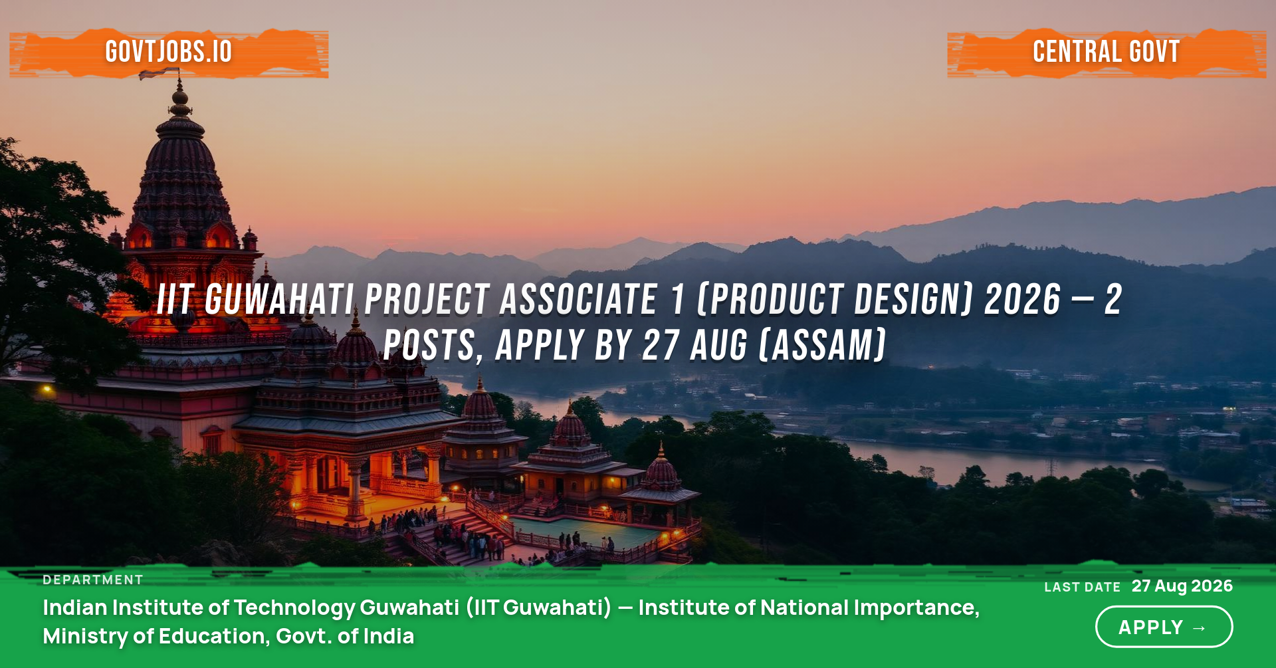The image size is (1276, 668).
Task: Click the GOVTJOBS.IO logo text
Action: coord(169,52)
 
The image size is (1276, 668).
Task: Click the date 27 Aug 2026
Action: coord(1182,586)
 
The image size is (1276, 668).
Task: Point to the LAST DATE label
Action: coord(1083,587)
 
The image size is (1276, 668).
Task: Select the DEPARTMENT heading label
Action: coord(93,580)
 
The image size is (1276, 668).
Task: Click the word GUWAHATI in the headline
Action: coord(279,299)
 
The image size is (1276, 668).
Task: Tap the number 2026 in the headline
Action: coord(1023,299)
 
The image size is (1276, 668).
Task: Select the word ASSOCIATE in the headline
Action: coord(579,299)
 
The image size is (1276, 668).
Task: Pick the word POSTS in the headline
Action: coord(429,346)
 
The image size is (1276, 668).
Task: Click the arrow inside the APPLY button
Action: coord(1200,628)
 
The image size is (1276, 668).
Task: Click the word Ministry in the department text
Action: coord(85,637)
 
